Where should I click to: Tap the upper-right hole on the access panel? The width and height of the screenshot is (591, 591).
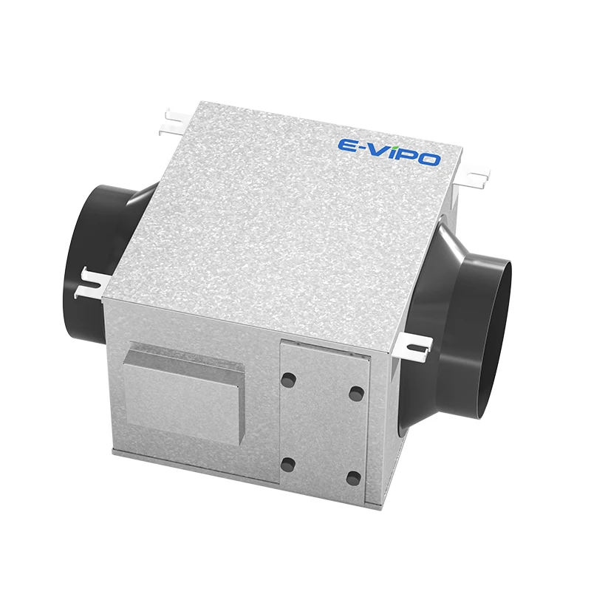coord(355,392)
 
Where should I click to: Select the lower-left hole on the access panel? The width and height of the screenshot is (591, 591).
coord(288,465)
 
